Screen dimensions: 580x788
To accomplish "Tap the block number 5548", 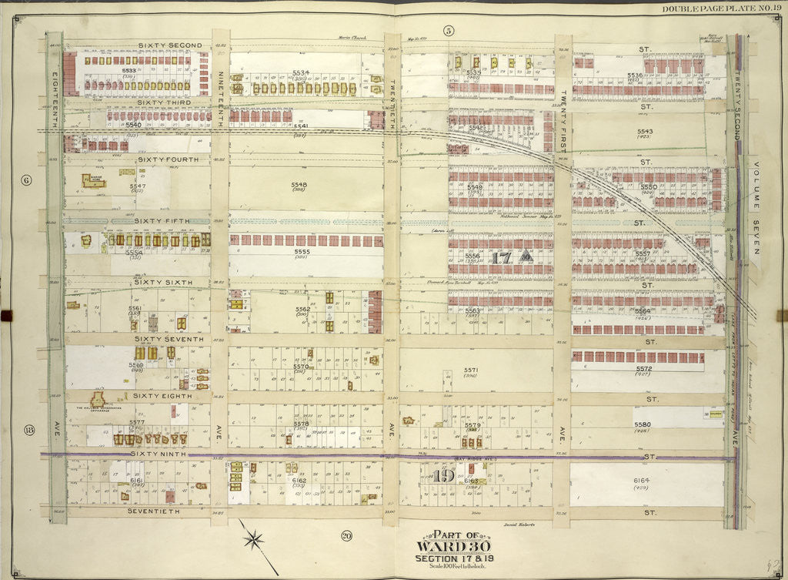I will coord(299,185).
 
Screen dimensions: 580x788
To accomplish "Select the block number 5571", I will coord(471,370).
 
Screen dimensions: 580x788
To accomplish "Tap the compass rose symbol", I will coord(252,536).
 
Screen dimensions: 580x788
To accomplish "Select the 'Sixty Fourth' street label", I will coord(167,159).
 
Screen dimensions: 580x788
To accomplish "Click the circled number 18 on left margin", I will coord(28,429).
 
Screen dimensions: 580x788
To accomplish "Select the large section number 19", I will coord(441,475).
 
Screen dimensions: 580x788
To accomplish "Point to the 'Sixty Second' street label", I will coord(170,45).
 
